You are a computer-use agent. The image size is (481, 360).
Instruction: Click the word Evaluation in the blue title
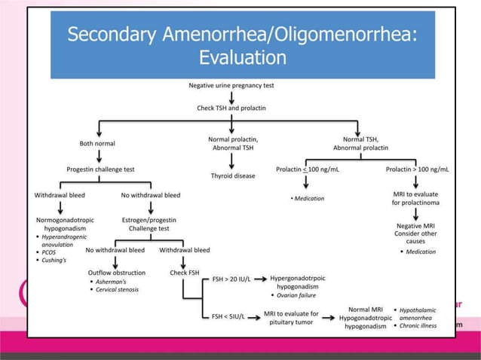click(242, 57)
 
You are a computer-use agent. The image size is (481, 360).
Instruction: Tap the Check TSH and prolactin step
click(231, 109)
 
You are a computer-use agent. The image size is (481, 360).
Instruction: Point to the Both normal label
click(97, 143)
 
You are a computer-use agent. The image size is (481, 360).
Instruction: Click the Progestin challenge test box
click(102, 169)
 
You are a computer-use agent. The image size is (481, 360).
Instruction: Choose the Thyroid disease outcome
click(233, 175)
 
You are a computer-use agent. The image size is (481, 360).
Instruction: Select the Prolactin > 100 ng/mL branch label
click(417, 169)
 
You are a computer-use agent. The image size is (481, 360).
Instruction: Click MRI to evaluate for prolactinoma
click(417, 199)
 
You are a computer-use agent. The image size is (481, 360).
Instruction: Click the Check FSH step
click(183, 273)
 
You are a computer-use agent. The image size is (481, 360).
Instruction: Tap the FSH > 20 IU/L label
click(231, 279)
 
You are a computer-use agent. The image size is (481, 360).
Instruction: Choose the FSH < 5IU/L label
click(230, 317)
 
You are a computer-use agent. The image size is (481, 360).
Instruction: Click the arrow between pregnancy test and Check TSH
click(231, 97)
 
